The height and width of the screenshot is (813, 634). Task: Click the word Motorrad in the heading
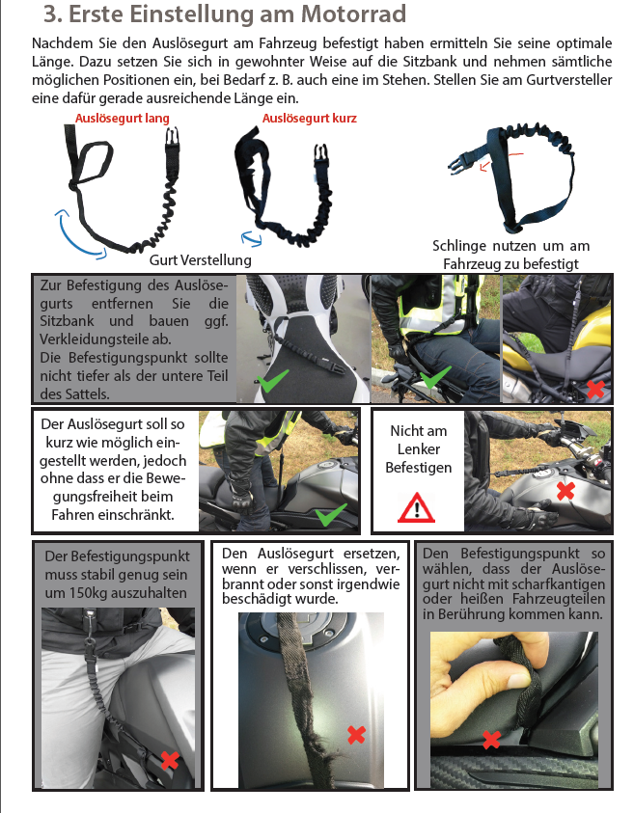(x=354, y=14)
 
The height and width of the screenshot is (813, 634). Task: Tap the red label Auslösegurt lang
(x=123, y=119)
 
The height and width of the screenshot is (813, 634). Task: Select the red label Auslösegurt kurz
(x=309, y=119)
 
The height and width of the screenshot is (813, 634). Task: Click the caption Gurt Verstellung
(x=201, y=259)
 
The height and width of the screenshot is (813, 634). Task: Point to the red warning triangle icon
(x=416, y=507)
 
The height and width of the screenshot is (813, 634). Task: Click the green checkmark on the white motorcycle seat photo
(x=273, y=381)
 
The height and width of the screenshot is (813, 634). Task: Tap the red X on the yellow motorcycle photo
(x=595, y=389)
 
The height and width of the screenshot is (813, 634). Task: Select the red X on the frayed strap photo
(x=356, y=735)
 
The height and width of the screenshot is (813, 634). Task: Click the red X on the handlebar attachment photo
(x=565, y=491)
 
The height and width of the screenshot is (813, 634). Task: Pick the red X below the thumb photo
(x=491, y=740)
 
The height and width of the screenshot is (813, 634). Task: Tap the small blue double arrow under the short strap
(x=252, y=238)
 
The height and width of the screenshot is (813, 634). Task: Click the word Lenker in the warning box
(x=418, y=449)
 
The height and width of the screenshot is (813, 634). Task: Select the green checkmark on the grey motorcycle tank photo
(x=331, y=515)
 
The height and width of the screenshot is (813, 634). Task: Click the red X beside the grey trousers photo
(x=170, y=760)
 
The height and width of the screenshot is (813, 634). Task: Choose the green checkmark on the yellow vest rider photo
(x=435, y=377)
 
